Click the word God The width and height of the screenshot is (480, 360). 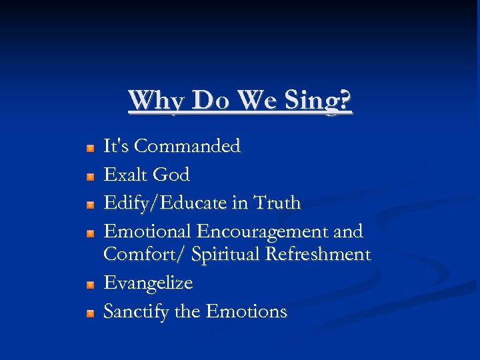coord(171,175)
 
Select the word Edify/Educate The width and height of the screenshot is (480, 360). coord(167,203)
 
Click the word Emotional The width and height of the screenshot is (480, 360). coord(147,231)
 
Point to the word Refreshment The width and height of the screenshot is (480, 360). coord(318,255)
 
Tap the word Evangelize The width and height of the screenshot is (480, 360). coord(148,283)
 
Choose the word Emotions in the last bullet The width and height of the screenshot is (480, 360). coord(247,311)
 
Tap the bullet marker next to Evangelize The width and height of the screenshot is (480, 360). coord(90,285)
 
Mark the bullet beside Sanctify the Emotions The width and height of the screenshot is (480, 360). coord(90,313)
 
